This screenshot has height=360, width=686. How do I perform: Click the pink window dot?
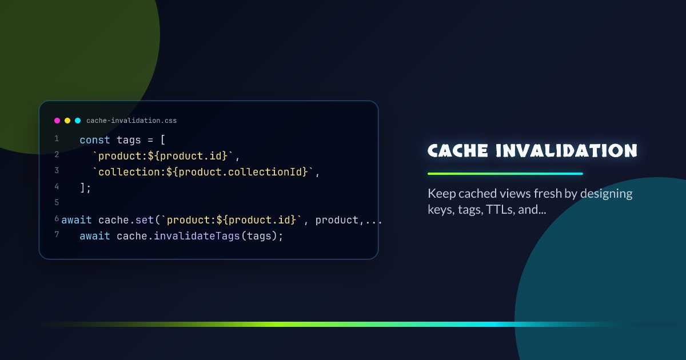(57, 121)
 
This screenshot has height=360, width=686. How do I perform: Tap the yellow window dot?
(67, 121)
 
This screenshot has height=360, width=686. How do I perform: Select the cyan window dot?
(78, 121)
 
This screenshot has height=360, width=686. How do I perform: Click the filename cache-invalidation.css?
(131, 121)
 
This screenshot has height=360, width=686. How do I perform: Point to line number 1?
(57, 139)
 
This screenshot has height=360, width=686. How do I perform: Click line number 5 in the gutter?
(57, 203)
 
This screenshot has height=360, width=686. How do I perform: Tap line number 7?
(57, 235)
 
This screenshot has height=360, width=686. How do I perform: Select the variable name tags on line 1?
(129, 139)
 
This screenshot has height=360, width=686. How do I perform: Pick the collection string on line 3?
(204, 171)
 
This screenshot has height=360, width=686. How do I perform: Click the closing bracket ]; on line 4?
(86, 187)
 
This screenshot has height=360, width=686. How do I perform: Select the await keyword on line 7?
(95, 235)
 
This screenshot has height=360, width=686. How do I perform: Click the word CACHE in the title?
(458, 151)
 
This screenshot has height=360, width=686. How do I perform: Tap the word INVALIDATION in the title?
(566, 151)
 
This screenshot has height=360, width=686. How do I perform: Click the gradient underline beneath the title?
(505, 173)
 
